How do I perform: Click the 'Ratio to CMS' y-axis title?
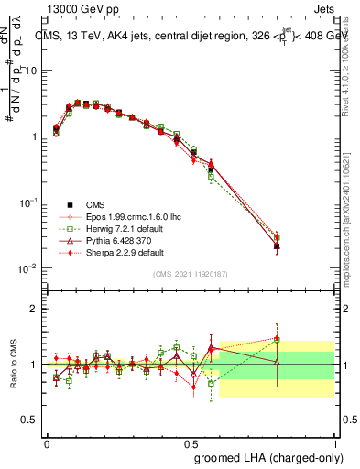tap(15, 364)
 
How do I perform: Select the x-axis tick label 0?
tap(47, 442)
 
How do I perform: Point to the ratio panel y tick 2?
tap(35, 309)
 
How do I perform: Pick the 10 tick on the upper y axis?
tap(32, 71)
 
